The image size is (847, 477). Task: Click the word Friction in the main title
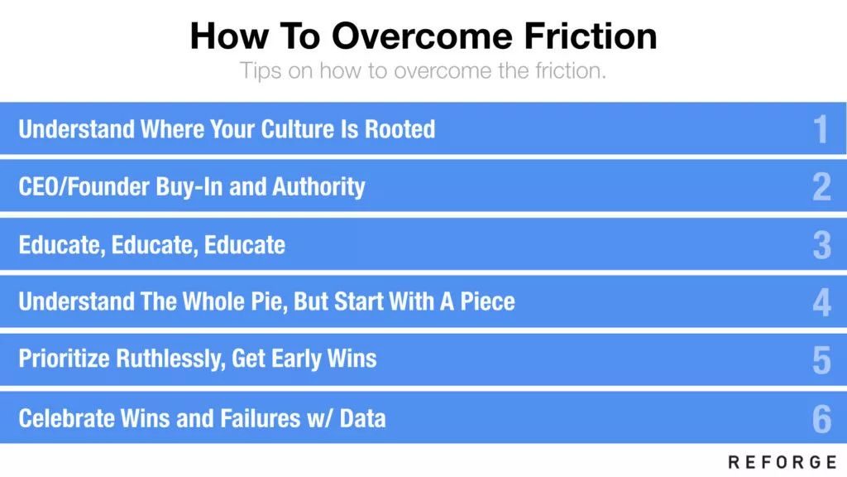(x=591, y=36)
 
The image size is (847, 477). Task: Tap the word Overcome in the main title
(x=422, y=36)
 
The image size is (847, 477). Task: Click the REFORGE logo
(x=782, y=462)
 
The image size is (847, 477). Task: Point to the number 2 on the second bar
(x=821, y=187)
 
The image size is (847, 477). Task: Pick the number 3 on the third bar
(x=821, y=245)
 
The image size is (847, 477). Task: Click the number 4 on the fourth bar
(x=821, y=302)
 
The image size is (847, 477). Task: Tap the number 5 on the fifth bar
(x=821, y=360)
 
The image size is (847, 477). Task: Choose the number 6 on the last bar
(x=821, y=419)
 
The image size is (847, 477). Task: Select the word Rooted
(x=400, y=129)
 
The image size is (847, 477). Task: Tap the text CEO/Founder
(x=84, y=186)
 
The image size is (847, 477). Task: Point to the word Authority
(x=318, y=187)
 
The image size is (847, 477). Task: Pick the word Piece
(x=487, y=301)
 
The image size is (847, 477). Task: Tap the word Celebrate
(x=66, y=418)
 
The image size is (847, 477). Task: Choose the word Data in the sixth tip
(x=362, y=418)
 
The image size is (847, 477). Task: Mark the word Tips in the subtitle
(x=261, y=71)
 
